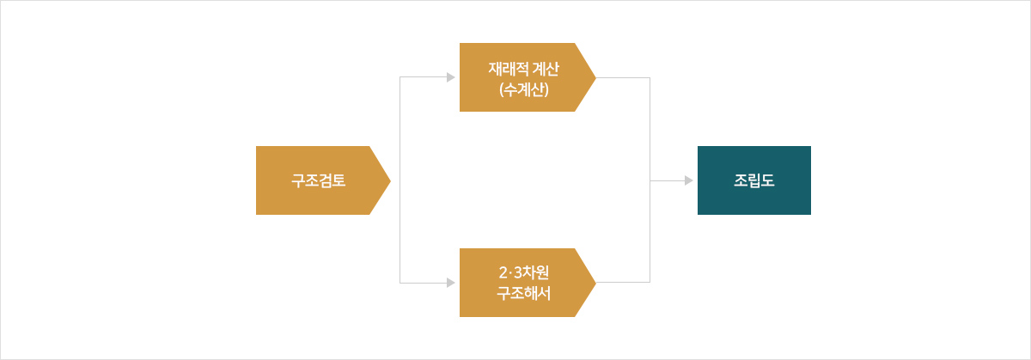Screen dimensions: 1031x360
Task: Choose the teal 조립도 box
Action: pyautogui.click(x=754, y=180)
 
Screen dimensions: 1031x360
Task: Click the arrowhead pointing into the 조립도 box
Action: pyautogui.click(x=688, y=180)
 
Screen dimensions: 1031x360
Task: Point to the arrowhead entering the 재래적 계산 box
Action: pyautogui.click(x=450, y=77)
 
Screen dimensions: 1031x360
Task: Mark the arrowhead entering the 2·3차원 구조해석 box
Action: pyautogui.click(x=450, y=283)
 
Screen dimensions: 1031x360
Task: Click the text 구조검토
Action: pyautogui.click(x=319, y=180)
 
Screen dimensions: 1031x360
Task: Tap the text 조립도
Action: pyautogui.click(x=754, y=180)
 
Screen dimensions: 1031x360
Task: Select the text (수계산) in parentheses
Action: pyautogui.click(x=524, y=89)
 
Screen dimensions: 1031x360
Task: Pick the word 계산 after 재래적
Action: pyautogui.click(x=546, y=69)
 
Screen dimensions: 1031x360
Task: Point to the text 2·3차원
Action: pyautogui.click(x=524, y=272)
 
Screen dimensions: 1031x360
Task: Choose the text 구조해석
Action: pyautogui.click(x=524, y=293)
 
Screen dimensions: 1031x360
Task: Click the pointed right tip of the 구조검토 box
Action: pyautogui.click(x=390, y=180)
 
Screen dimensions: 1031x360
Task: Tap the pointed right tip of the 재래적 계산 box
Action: pyautogui.click(x=595, y=77)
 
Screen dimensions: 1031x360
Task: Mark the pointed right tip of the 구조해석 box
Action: pyautogui.click(x=595, y=283)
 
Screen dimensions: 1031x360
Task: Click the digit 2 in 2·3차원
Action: pyautogui.click(x=503, y=273)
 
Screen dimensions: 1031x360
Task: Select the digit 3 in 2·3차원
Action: pyautogui.click(x=518, y=273)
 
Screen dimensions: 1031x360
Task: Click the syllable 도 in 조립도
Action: pyautogui.click(x=768, y=180)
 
